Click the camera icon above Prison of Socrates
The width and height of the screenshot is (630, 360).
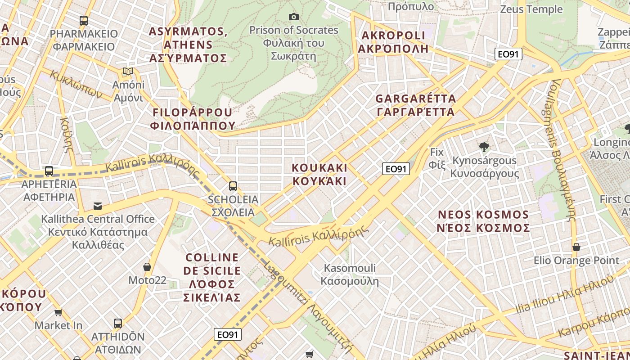293,17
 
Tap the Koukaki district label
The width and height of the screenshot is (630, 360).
319,174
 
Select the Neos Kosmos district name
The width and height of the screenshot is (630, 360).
483,221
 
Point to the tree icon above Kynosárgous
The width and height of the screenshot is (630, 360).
484,147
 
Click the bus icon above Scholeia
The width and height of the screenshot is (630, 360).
233,186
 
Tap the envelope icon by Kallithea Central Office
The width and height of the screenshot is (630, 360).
98,206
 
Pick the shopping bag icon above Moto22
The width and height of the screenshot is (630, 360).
147,267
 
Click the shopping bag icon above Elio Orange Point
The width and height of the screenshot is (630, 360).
576,247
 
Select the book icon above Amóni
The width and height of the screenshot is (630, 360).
128,71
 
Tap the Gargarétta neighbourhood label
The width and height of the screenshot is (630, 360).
415,105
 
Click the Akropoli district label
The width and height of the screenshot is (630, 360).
393,42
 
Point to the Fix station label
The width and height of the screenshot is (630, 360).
436,158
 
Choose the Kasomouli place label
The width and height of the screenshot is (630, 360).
350,274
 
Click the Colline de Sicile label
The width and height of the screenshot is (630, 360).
212,277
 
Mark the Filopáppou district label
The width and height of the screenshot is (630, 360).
193,119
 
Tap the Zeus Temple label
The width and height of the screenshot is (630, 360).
531,9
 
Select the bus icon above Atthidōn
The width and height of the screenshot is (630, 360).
117,323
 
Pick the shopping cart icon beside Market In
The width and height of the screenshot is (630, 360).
58,312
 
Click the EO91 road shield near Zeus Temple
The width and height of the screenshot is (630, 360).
508,54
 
